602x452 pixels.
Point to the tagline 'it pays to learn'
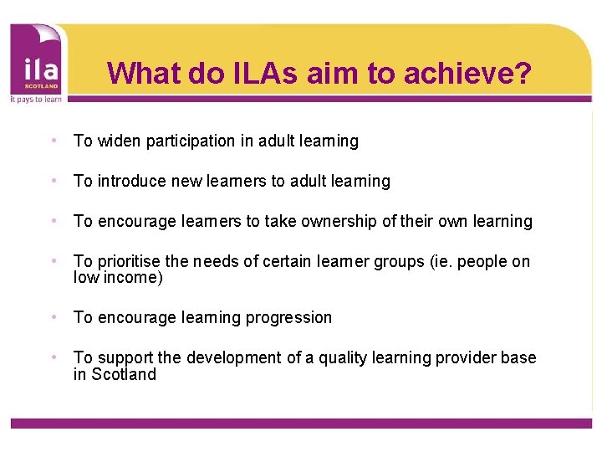[x=35, y=98]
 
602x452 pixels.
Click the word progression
[x=289, y=317]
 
